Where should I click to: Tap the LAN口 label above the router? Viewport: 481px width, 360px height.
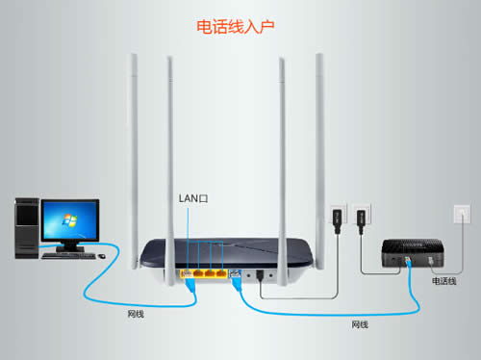193,198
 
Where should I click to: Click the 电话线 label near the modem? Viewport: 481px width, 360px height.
444,281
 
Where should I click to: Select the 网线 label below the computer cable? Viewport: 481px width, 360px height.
138,315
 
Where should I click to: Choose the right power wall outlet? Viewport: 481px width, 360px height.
361,217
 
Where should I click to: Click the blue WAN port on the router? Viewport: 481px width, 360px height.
235,274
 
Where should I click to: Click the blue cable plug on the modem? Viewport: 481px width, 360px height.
408,262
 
